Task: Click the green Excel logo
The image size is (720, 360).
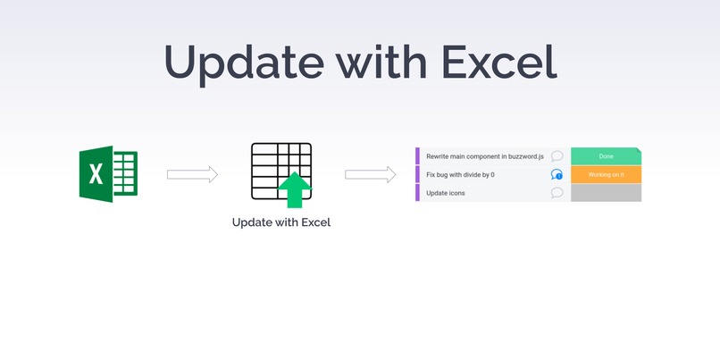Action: pos(107,174)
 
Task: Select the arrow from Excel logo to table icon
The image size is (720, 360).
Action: pos(192,174)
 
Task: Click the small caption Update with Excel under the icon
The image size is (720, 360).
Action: pos(280,222)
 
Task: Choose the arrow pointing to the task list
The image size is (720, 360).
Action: pos(371,174)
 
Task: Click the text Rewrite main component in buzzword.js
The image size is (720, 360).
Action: pos(484,156)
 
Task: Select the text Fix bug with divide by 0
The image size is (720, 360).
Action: pos(460,174)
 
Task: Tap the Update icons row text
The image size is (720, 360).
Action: pos(446,193)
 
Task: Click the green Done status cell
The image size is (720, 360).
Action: pos(606,156)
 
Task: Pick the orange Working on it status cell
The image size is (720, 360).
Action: pos(606,174)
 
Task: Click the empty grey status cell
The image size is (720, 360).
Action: pos(606,193)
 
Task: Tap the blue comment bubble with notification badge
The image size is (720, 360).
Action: pos(557,174)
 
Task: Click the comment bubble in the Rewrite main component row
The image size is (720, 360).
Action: pos(557,156)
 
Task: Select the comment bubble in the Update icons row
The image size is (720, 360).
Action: pos(557,193)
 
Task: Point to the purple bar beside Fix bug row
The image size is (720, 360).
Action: pos(417,174)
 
